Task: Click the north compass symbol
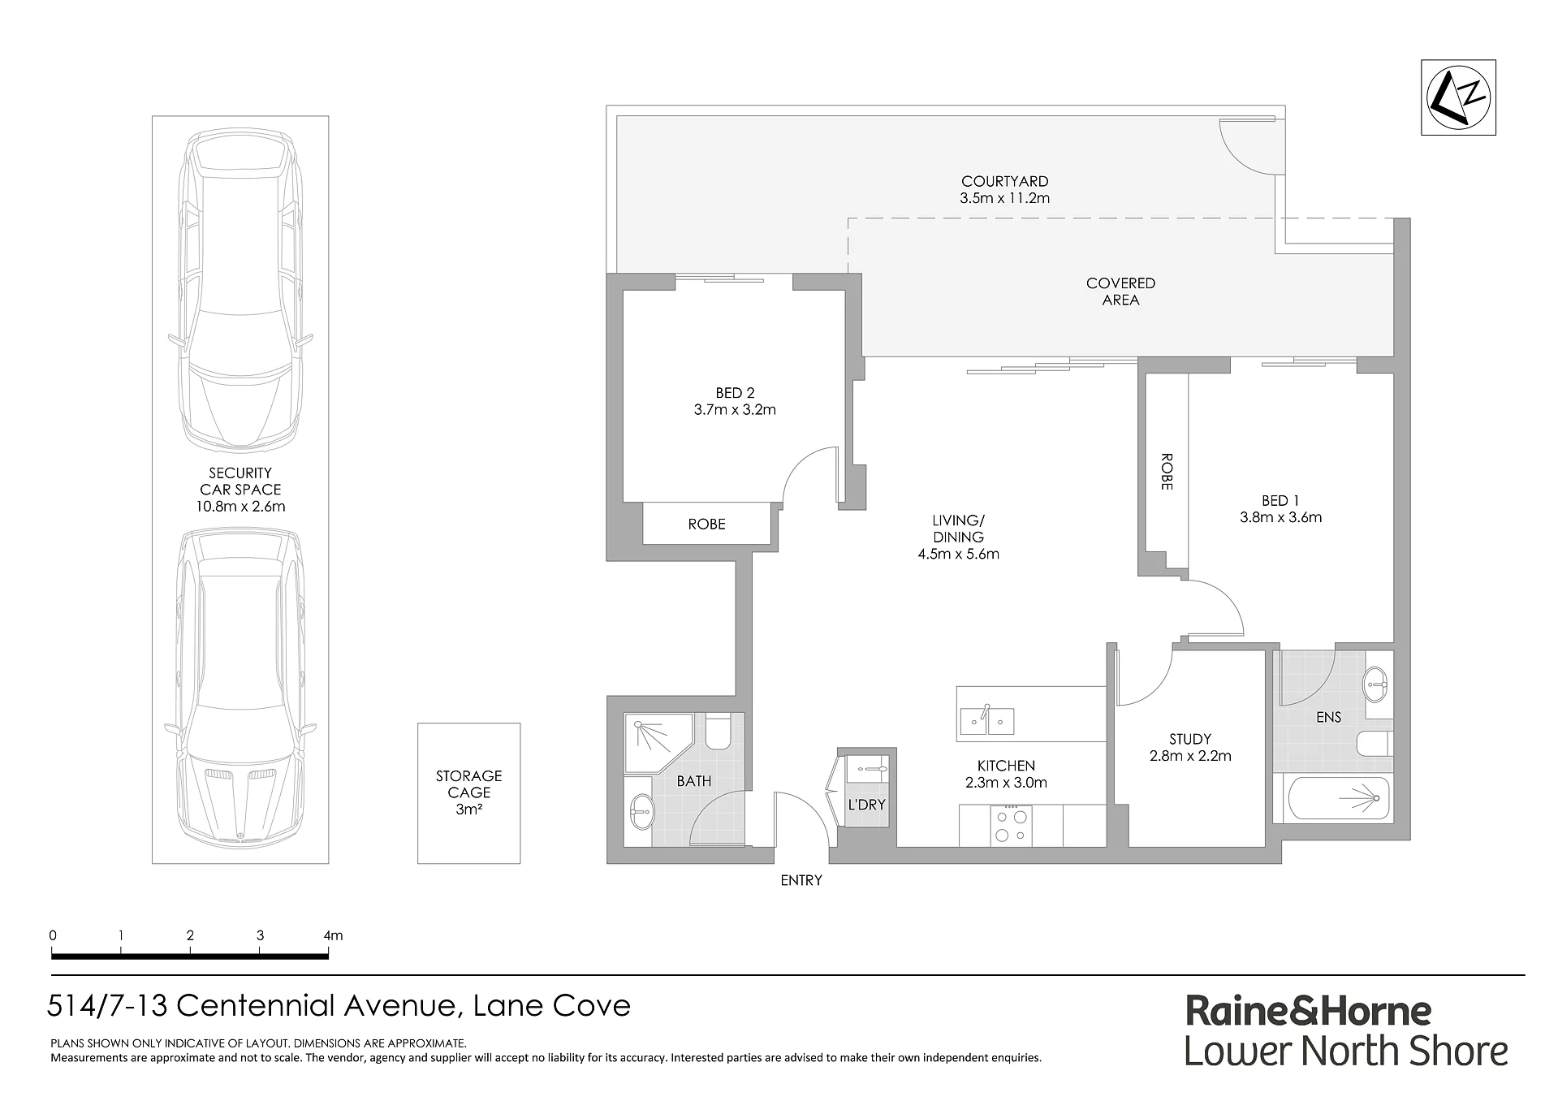[1458, 97]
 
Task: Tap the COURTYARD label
[1004, 181]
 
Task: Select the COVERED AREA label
[1120, 291]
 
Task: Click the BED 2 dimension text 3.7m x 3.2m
[735, 410]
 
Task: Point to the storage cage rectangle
[468, 792]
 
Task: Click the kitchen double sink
[986, 720]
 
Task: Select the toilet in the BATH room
[719, 731]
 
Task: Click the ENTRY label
[801, 880]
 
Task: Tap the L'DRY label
[866, 805]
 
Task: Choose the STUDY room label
[1190, 739]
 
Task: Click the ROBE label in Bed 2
[706, 525]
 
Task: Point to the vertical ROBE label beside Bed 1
[1167, 472]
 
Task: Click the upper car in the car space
[240, 291]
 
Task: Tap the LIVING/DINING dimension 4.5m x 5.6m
[958, 555]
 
